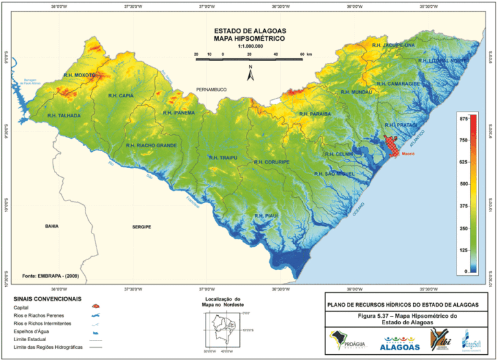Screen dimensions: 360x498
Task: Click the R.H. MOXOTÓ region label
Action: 79,75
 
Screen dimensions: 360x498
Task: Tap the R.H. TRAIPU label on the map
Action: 223,158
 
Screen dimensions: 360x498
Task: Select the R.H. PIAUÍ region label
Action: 266,215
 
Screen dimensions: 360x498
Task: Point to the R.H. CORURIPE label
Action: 272,162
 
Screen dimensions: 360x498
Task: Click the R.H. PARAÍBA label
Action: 315,114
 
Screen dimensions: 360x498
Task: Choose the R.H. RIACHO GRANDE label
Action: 151,145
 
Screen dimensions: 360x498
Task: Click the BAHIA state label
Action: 52,226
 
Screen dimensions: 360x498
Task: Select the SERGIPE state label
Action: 141,227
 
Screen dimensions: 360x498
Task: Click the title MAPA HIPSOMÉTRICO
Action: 250,39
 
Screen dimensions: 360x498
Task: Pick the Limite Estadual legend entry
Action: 36,339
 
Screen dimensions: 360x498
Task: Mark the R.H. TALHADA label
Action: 64,115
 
